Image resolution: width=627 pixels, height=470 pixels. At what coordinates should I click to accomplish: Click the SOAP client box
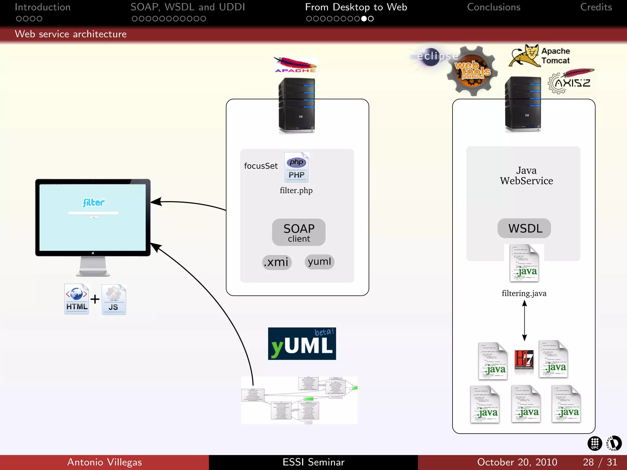[298, 232]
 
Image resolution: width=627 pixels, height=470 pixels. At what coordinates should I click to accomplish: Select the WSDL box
[524, 228]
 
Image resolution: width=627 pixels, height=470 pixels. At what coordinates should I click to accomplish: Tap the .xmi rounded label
[277, 262]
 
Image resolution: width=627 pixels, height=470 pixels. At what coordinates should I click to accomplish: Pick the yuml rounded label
[319, 262]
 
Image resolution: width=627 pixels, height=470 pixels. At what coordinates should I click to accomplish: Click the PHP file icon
[296, 167]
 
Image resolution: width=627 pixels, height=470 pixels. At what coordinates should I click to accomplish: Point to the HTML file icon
[77, 299]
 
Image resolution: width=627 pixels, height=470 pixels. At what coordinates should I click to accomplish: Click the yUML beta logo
[302, 344]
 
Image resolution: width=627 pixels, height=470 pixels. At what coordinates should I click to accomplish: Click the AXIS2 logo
[570, 82]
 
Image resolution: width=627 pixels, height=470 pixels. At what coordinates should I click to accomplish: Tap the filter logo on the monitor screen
[94, 202]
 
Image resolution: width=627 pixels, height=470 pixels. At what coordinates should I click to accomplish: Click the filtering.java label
[524, 293]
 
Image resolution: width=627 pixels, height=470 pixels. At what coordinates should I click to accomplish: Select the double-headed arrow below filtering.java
[524, 320]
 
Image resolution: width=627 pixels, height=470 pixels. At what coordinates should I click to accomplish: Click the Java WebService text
[526, 176]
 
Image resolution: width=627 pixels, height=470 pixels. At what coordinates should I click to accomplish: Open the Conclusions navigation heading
[494, 7]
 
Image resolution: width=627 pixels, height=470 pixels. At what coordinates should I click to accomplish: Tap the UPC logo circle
[595, 443]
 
